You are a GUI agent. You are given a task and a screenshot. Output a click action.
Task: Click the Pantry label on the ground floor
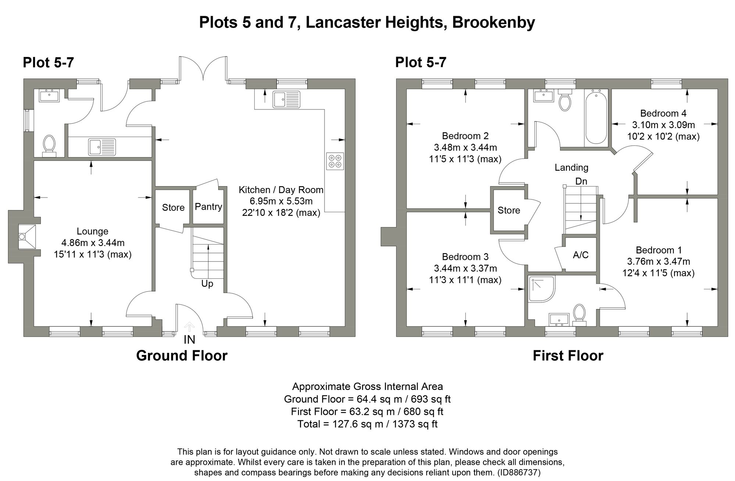click(x=208, y=207)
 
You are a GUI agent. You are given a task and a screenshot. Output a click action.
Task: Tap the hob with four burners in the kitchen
click(x=335, y=161)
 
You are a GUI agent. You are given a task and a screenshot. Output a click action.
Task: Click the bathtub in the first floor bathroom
click(x=596, y=118)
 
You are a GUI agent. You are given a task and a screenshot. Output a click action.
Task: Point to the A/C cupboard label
click(x=581, y=255)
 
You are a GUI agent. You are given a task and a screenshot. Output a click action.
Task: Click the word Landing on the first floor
click(x=571, y=168)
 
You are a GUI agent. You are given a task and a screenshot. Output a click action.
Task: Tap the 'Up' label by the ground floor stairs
click(x=207, y=284)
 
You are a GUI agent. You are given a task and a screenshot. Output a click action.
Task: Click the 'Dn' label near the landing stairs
click(x=581, y=181)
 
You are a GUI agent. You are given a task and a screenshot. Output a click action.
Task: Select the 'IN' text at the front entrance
click(x=189, y=340)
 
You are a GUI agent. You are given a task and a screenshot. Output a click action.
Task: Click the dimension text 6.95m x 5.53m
click(x=281, y=201)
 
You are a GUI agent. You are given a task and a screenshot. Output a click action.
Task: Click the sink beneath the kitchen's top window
click(x=286, y=99)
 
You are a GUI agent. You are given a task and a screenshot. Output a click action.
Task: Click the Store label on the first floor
click(x=509, y=210)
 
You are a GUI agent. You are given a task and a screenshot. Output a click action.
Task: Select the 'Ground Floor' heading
click(x=182, y=356)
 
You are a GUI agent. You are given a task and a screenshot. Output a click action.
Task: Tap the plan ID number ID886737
click(x=519, y=472)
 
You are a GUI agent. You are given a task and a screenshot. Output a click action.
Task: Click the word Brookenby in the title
click(x=493, y=23)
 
